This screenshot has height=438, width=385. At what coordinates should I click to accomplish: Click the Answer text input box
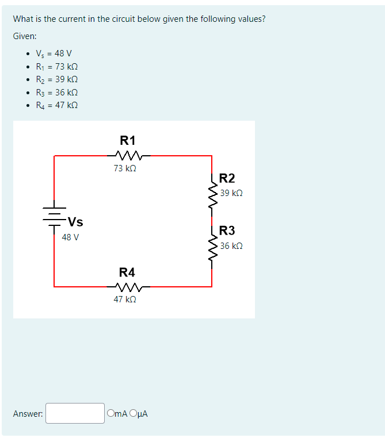[x=75, y=413]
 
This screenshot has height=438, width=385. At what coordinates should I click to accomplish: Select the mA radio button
[x=110, y=413]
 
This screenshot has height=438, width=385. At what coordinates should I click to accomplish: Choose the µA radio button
[x=134, y=413]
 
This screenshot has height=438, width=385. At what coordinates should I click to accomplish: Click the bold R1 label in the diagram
[x=128, y=140]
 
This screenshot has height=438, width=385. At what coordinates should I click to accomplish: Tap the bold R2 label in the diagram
[x=227, y=178]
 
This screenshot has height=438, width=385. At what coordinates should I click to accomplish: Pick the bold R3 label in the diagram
[x=227, y=231]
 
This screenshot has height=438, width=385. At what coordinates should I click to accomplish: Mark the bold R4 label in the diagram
[x=127, y=272]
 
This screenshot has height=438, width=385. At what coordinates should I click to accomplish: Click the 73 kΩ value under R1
[x=125, y=168]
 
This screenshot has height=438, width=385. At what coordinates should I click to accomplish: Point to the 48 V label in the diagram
[x=70, y=237]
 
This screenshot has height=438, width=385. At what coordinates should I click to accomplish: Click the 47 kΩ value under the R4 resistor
[x=125, y=299]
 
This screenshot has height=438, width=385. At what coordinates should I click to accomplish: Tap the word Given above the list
[x=24, y=36]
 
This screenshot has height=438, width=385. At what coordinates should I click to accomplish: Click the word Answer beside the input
[x=28, y=414]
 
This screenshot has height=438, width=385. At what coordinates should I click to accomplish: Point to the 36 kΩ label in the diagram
[x=231, y=246]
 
